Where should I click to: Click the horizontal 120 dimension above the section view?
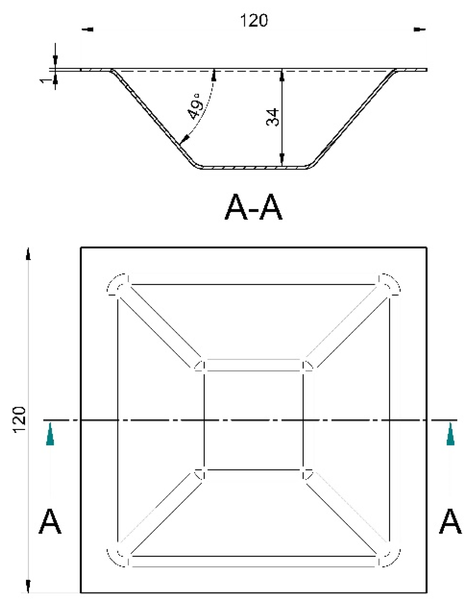254,20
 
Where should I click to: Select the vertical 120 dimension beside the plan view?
20,420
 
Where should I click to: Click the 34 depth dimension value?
272,117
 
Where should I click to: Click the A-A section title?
253,208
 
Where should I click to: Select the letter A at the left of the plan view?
50,522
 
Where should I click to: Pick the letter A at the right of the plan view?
450,522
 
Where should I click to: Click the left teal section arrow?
50,435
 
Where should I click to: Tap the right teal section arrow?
450,435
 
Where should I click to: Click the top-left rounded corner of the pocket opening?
117,285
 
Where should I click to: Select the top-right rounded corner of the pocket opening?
390,285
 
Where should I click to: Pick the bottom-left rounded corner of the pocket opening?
117,556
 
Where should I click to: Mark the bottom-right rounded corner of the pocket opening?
390,556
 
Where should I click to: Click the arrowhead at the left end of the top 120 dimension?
88,30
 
